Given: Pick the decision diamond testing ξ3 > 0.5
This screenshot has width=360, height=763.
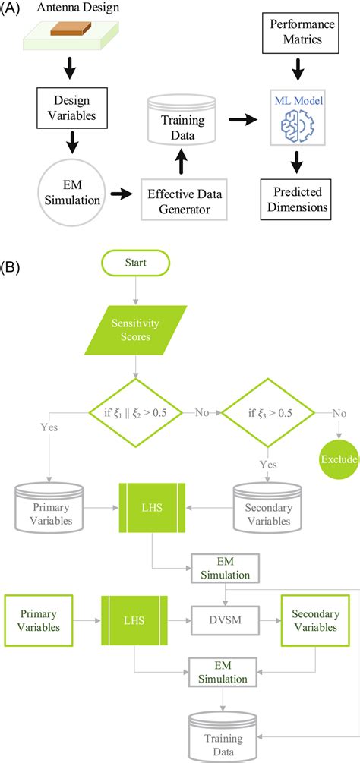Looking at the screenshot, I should click(267, 414).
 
